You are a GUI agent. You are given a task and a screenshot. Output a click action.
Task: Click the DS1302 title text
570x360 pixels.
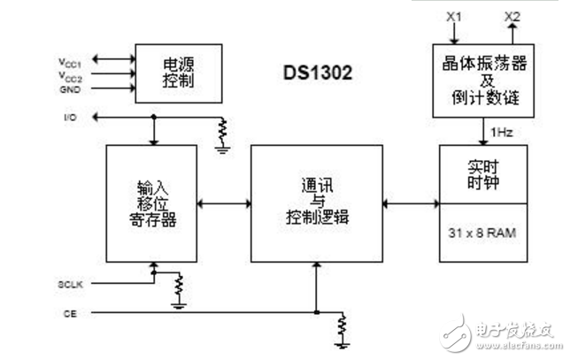pos(317,73)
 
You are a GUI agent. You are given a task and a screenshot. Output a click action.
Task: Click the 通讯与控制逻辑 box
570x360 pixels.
pos(315,203)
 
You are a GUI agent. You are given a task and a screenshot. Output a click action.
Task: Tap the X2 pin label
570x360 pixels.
pos(512,17)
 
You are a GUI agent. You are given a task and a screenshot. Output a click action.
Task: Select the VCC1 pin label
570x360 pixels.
pos(72,62)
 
